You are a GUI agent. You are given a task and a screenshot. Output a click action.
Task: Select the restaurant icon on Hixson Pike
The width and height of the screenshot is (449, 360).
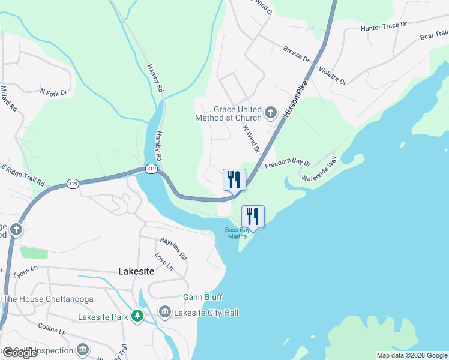(234, 179)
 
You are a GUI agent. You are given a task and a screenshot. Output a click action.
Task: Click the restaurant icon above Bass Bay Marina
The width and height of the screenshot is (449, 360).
(253, 216)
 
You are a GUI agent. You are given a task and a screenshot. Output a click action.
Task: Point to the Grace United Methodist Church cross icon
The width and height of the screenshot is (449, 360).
(271, 112)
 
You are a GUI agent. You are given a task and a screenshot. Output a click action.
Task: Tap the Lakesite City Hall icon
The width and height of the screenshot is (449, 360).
(164, 312)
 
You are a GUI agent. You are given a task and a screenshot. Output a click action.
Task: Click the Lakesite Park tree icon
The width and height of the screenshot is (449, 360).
(138, 315)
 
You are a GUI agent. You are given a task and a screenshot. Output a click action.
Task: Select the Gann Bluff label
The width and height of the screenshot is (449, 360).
(203, 297)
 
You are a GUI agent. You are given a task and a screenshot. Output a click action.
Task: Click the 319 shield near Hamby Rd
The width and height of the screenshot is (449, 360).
(151, 170)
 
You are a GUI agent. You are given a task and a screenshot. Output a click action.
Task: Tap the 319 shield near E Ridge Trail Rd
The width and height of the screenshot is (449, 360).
(73, 184)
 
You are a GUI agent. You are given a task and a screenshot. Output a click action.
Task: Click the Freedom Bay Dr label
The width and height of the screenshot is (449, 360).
(288, 163)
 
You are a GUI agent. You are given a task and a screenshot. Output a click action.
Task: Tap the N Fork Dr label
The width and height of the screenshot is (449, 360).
(53, 92)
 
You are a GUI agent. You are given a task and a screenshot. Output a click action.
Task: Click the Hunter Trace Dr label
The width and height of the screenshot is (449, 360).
(384, 27)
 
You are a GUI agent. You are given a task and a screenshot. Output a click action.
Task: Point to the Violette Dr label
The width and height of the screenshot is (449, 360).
(332, 75)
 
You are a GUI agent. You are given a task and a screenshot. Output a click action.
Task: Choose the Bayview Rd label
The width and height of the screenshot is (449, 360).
(173, 248)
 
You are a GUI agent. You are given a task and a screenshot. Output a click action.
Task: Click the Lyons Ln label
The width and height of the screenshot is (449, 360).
(26, 274)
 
